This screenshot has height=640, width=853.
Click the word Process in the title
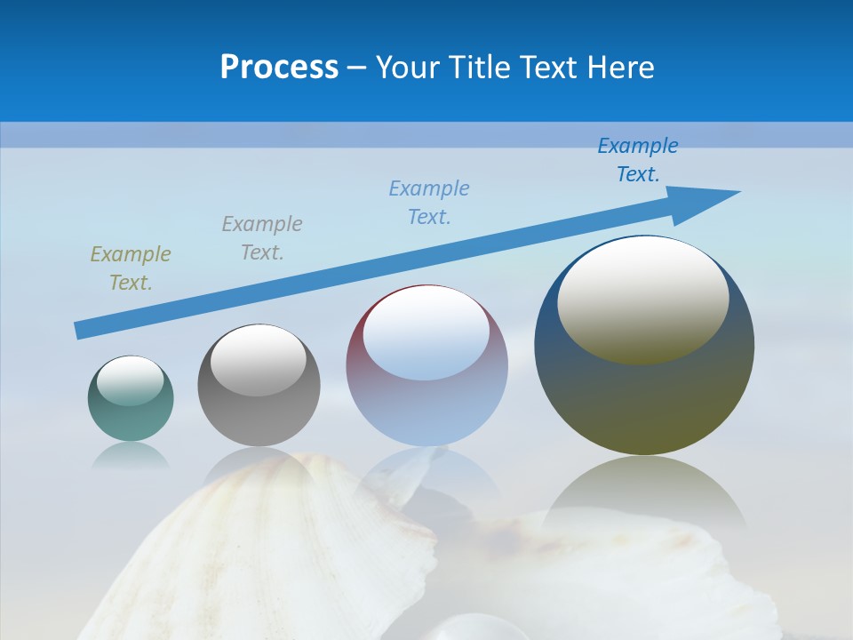(279, 68)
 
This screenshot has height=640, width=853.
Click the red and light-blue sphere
(426, 409)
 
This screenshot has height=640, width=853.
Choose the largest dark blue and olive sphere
(644, 400)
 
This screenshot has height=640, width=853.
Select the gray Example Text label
(262, 238)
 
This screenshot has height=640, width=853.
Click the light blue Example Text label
(429, 202)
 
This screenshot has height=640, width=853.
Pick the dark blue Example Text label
(638, 160)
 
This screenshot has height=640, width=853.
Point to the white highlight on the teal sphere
(131, 380)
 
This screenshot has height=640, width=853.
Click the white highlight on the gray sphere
(259, 359)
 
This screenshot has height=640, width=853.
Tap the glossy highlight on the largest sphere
(643, 299)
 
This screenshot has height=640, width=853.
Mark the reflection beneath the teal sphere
(131, 455)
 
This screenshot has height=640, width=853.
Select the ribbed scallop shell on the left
(267, 551)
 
